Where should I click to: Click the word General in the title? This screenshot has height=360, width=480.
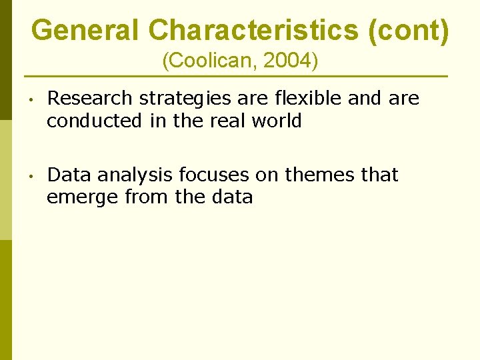[x=85, y=30]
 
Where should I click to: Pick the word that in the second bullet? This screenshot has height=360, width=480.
[x=379, y=175]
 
